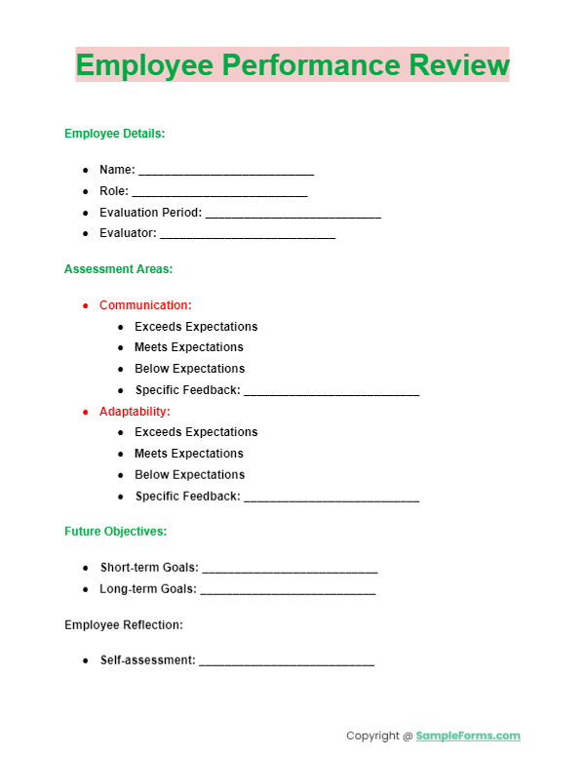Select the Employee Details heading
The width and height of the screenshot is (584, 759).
point(114,134)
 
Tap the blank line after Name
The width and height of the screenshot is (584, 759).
point(226,172)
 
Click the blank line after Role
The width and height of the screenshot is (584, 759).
point(219,193)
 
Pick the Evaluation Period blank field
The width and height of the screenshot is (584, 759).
point(292,215)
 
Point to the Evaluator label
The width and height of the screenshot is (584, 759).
point(127,233)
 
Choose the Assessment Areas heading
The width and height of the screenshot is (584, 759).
point(118,268)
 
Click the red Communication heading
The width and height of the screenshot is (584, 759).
point(145,305)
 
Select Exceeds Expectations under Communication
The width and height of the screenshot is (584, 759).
point(196,327)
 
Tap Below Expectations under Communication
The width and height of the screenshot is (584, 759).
point(189,369)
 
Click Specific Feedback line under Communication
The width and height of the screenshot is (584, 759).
point(331,392)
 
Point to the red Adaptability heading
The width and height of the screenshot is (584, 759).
point(135,412)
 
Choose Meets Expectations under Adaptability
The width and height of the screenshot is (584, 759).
point(189,454)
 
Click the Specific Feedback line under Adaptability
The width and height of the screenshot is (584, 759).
point(331,499)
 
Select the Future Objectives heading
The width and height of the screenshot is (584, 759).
point(115,532)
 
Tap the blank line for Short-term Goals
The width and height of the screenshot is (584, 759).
point(290,570)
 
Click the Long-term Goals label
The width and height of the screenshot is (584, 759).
point(147,589)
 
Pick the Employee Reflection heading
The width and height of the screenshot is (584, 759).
point(123,624)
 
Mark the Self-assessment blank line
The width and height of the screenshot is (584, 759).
point(286,662)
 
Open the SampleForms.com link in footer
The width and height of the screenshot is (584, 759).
point(468,736)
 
